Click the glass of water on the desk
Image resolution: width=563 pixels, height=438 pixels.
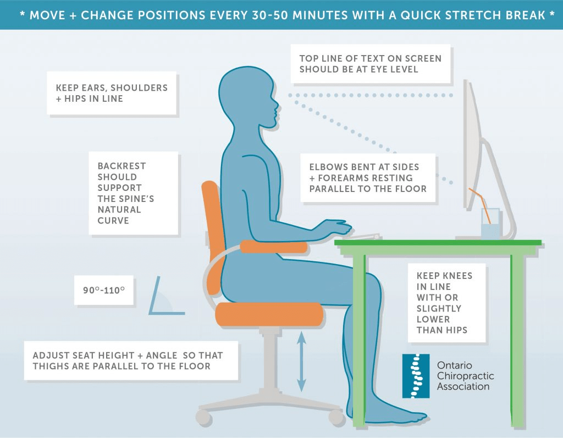pos(490,223)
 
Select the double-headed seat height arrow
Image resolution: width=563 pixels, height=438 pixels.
pos(302,362)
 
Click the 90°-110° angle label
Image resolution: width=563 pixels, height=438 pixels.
pos(104,291)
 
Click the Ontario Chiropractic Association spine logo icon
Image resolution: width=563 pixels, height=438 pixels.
pos(416,376)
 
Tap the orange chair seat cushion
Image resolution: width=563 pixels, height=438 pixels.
pos(269,314)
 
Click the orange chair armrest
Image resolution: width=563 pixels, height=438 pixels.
pos(274,247)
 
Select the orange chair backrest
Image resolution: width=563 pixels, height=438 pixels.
pos(213,230)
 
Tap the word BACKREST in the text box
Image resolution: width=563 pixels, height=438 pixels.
pos(122,166)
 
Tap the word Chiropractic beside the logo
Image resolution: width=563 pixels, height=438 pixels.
pos(465,376)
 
